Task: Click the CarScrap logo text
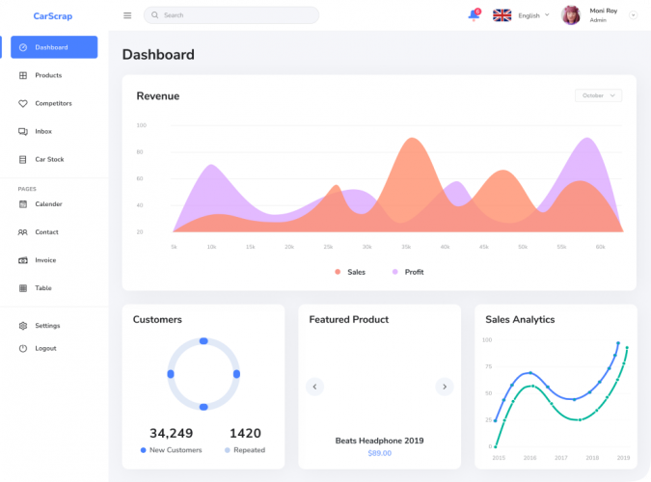pyautogui.click(x=52, y=15)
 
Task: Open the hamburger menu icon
pyautogui.click(x=127, y=15)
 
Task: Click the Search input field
pyautogui.click(x=231, y=15)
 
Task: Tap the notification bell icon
pyautogui.click(x=474, y=15)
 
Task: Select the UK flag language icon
pyautogui.click(x=502, y=15)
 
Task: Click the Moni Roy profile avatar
pyautogui.click(x=571, y=15)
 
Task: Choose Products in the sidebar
pyautogui.click(x=48, y=75)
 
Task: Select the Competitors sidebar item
pyautogui.click(x=53, y=103)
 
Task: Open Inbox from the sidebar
pyautogui.click(x=43, y=131)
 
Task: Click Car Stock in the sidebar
pyautogui.click(x=49, y=159)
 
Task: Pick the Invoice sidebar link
pyautogui.click(x=45, y=260)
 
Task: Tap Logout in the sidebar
pyautogui.click(x=45, y=348)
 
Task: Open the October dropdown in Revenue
pyautogui.click(x=598, y=95)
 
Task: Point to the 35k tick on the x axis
pyautogui.click(x=406, y=247)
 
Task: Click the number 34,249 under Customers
pyautogui.click(x=171, y=433)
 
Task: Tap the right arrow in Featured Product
pyautogui.click(x=444, y=387)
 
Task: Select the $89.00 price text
pyautogui.click(x=379, y=453)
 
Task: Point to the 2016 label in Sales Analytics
pyautogui.click(x=529, y=458)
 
